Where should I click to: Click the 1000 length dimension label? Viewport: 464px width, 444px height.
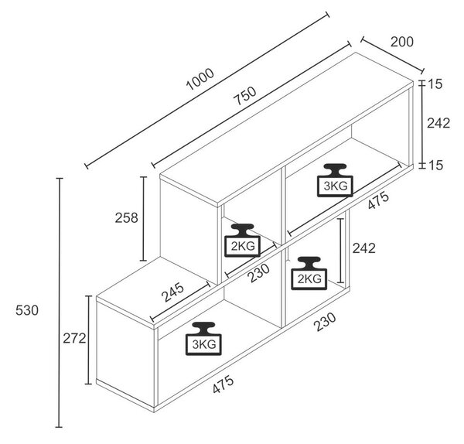(x=200, y=79)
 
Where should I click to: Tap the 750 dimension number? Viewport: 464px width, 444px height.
(x=244, y=95)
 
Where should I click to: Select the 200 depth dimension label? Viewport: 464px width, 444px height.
(x=402, y=42)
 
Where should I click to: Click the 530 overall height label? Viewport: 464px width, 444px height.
(x=27, y=310)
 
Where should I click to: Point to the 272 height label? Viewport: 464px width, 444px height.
(x=74, y=338)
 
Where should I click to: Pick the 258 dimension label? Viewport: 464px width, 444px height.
(x=126, y=218)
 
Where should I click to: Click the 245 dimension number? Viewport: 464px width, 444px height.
(x=172, y=292)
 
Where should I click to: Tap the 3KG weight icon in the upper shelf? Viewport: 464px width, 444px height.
(x=335, y=180)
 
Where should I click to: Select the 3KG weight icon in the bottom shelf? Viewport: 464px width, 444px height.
(x=203, y=338)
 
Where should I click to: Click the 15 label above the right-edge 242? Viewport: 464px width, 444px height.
(x=435, y=84)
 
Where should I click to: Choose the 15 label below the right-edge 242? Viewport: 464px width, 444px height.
(x=435, y=166)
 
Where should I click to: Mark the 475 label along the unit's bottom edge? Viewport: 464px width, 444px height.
(x=223, y=384)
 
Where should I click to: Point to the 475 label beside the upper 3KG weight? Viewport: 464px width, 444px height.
(x=378, y=200)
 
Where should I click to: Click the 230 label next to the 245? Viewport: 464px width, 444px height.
(x=258, y=272)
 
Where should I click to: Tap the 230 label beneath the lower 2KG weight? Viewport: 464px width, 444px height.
(x=325, y=322)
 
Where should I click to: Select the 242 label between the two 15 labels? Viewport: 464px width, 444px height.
(x=438, y=123)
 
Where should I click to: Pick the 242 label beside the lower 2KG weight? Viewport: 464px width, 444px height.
(x=363, y=248)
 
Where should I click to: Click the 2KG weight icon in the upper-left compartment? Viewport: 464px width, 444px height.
(x=242, y=240)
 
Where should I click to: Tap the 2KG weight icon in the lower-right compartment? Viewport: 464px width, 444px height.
(x=309, y=273)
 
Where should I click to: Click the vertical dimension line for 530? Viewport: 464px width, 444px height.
(x=60, y=302)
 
